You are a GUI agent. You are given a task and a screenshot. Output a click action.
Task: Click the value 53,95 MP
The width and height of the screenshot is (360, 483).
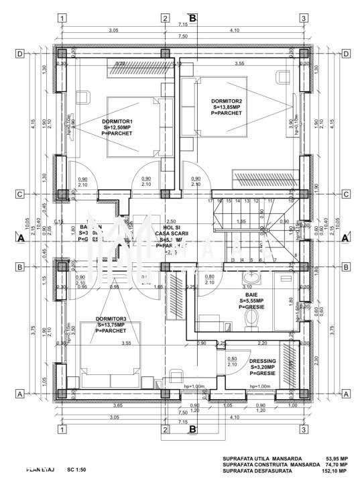click(337, 459)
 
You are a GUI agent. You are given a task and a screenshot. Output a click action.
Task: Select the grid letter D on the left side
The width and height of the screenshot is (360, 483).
click(20, 54)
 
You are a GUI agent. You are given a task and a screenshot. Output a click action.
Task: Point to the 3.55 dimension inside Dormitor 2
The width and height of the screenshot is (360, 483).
click(239, 64)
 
